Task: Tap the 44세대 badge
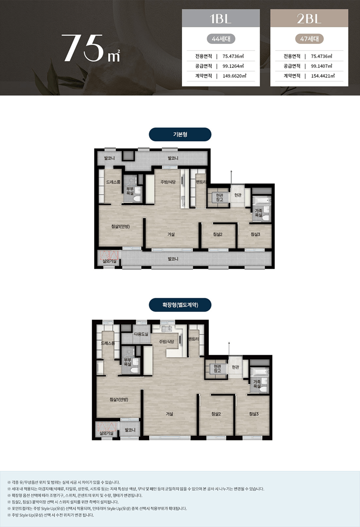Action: click(221, 39)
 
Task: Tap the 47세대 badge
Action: click(309, 39)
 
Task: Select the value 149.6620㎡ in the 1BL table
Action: click(234, 76)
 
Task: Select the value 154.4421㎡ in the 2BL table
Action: click(323, 76)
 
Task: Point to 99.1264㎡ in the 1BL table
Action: click(233, 66)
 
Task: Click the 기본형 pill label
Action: click(180, 134)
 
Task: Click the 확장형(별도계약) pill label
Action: click(180, 305)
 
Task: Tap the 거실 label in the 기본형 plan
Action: click(171, 234)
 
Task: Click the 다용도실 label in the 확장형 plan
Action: click(141, 334)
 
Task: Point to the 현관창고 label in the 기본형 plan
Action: click(219, 197)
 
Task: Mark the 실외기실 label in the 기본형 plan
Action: click(110, 261)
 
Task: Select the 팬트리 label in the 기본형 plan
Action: click(201, 182)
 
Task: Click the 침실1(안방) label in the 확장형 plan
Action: click(118, 399)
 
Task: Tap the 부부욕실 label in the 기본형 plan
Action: click(130, 191)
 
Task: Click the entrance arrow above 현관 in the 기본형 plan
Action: click(231, 177)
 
